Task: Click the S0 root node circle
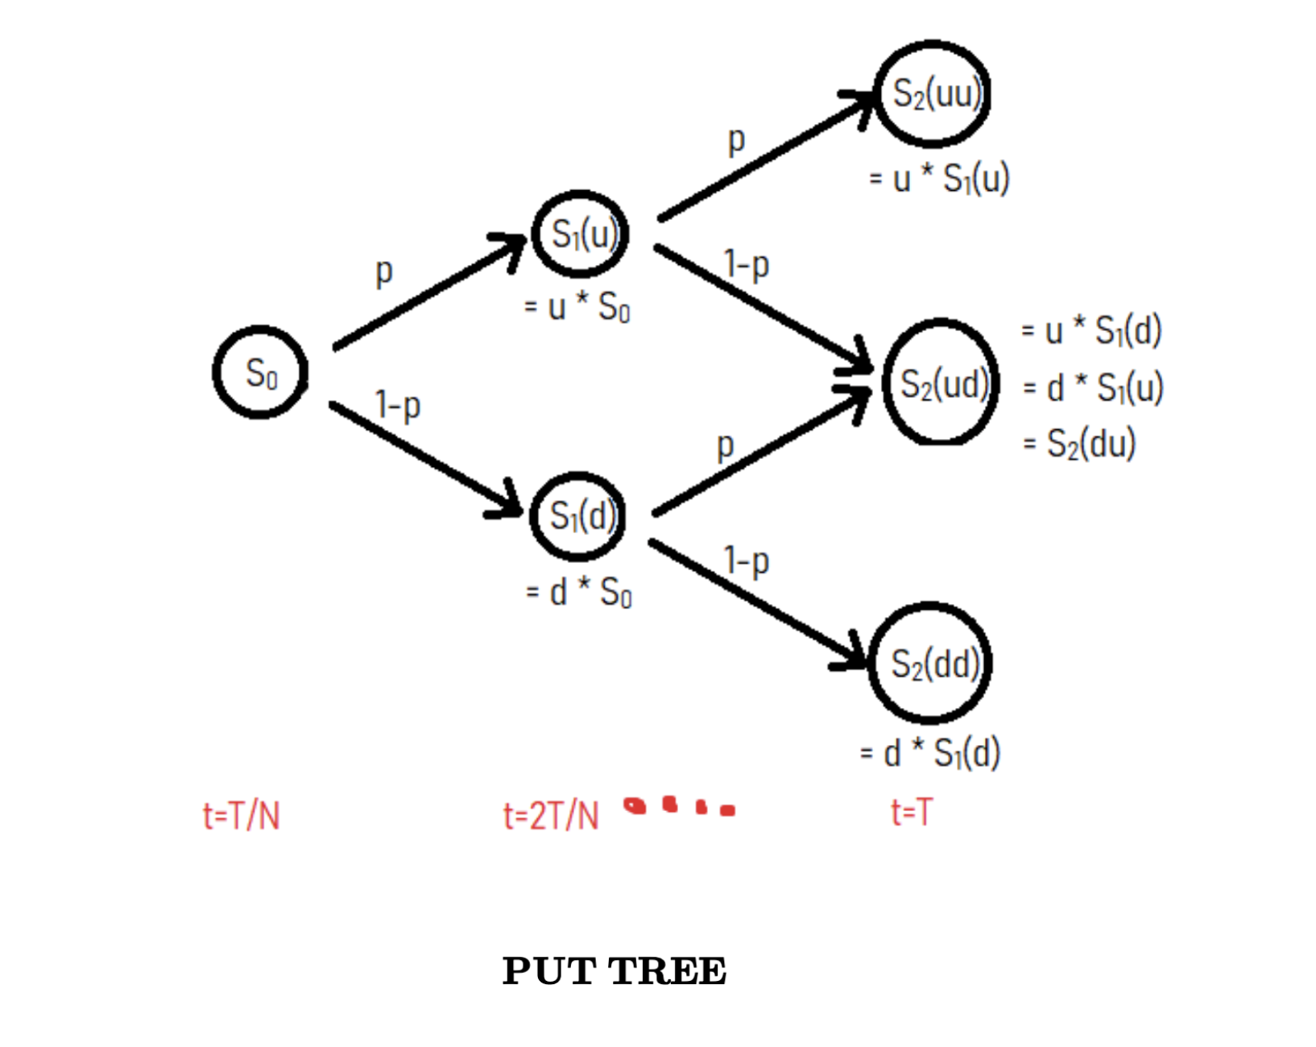260,372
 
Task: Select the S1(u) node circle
580,234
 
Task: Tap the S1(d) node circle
578,516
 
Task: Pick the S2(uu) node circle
933,94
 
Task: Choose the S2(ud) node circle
940,383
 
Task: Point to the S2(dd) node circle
930,663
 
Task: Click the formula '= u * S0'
577,308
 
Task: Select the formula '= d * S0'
578,592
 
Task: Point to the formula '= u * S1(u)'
939,178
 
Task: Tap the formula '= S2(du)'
1079,443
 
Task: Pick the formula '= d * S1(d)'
930,754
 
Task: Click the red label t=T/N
241,816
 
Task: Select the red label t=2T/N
551,816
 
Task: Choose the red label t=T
912,812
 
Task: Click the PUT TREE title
614,970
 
